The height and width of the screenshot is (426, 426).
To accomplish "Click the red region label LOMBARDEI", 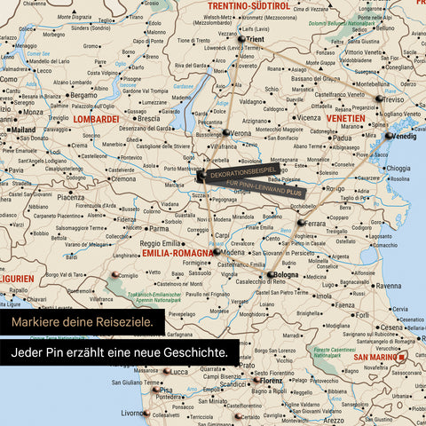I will pos(96,119).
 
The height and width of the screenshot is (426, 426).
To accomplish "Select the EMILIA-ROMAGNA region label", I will pos(177,253).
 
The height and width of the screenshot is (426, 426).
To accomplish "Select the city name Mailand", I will pos(23,129).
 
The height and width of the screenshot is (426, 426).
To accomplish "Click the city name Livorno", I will pos(133,412).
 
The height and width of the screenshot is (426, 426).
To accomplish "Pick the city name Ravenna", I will pos(388,286).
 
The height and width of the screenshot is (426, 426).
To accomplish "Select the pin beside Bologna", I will pos(271,274).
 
